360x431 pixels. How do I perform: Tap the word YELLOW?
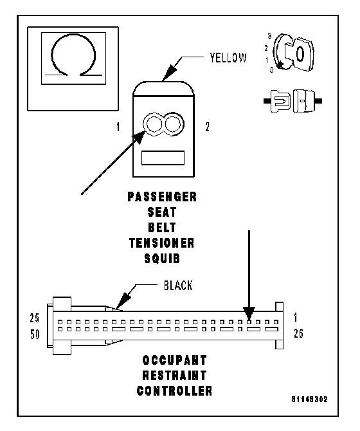[228, 58]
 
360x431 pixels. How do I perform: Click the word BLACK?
[178, 286]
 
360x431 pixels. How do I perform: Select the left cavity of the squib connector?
[154, 124]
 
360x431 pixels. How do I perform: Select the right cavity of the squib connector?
[173, 124]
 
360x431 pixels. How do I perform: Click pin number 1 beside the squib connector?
[118, 127]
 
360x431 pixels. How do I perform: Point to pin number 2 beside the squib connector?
[208, 127]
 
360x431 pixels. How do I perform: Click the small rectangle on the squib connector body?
[163, 158]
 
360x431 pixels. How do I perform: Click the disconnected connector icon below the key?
[292, 101]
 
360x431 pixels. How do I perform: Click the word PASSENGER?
[162, 197]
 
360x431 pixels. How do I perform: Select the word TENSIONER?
[162, 243]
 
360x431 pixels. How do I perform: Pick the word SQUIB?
[162, 259]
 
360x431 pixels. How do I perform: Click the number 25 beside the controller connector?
[35, 318]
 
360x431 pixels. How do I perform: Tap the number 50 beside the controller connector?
[35, 335]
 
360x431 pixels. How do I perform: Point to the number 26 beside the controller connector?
[298, 333]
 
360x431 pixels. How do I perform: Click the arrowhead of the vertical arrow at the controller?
[249, 313]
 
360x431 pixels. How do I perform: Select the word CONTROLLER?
[174, 391]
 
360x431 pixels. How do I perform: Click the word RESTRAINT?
[174, 376]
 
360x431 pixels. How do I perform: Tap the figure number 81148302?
[310, 399]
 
